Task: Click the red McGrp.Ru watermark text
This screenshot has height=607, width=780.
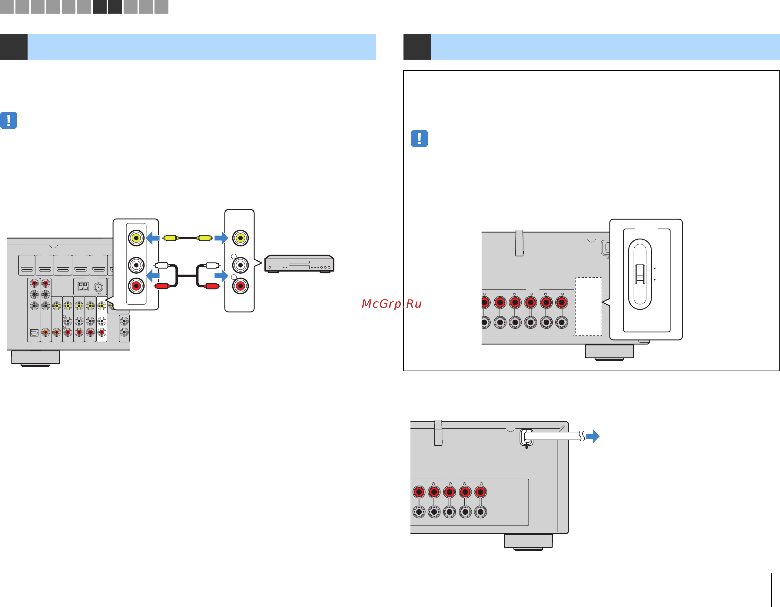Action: coord(391,304)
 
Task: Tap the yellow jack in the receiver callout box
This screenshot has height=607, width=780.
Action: coord(136,238)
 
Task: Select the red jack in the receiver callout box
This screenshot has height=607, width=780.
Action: coord(136,286)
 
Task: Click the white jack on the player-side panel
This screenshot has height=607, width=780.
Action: coord(240,265)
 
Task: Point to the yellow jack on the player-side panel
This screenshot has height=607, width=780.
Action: coord(240,238)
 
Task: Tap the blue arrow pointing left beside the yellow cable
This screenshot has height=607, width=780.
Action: coord(153,238)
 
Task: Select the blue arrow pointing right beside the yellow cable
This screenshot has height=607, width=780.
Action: coord(221,238)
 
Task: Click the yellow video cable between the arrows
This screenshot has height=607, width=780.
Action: coord(188,238)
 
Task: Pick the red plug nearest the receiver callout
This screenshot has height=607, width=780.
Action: coord(161,285)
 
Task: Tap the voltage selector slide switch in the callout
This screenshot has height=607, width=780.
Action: coord(640,274)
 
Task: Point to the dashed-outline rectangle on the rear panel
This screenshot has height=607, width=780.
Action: coord(588,306)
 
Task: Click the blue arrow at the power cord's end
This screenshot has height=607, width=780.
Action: coord(593,436)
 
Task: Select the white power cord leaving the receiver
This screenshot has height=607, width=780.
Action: coord(552,436)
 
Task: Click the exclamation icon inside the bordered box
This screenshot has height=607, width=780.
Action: coord(419,138)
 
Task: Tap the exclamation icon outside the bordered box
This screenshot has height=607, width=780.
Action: coord(8,120)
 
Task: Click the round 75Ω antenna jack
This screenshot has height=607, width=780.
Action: coord(98,287)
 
